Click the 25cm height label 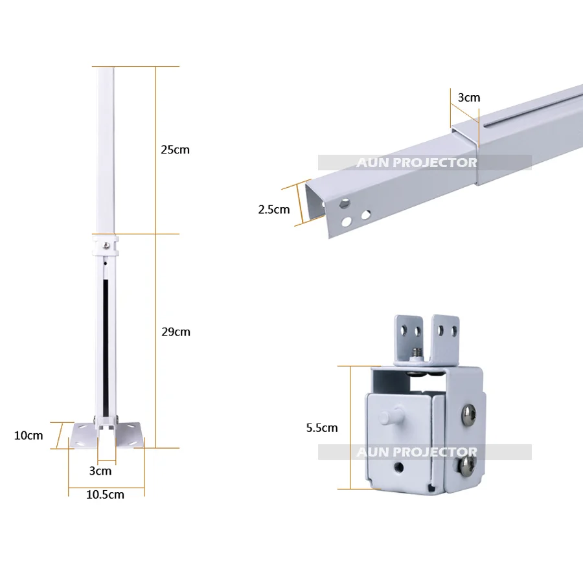[x=175, y=150]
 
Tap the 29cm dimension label [x=176, y=332]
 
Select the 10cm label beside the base [x=29, y=436]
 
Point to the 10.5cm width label [x=105, y=495]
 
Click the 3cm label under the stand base [x=100, y=471]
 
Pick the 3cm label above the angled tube [x=469, y=98]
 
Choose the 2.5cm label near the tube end [x=274, y=210]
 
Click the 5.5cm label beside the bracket [x=322, y=428]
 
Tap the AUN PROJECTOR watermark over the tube [x=417, y=163]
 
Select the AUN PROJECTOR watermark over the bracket [x=417, y=452]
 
